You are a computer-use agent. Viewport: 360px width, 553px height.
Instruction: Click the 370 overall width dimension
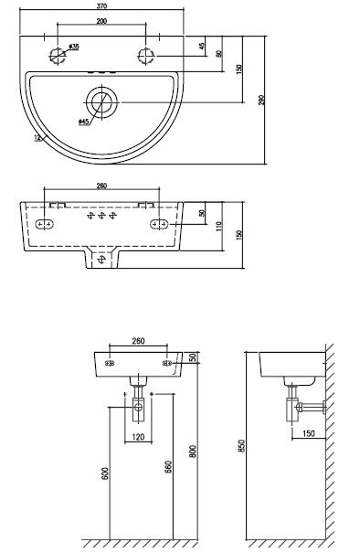[101, 6]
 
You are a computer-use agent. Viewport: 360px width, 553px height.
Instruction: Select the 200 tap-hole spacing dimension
[101, 21]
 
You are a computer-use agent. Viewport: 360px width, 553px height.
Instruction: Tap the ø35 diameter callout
[74, 47]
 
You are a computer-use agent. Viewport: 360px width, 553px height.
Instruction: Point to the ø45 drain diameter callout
[83, 122]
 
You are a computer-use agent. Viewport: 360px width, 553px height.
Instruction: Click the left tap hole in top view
[58, 55]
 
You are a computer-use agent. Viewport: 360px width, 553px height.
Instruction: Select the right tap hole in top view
[145, 56]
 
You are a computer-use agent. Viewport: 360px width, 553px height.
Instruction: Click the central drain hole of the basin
[102, 102]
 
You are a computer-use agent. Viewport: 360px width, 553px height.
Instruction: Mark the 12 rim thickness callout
[38, 137]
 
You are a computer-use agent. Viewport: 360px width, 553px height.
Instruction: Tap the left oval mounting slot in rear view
[45, 224]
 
